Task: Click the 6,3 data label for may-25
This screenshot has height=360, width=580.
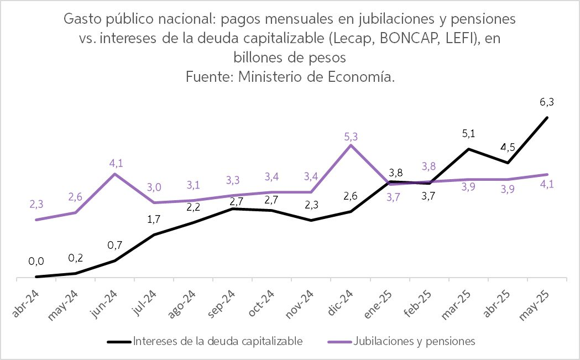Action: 547,102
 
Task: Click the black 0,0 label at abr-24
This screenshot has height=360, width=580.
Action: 36,261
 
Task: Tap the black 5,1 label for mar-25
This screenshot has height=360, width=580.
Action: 468,133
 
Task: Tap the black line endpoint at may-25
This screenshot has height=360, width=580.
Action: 547,118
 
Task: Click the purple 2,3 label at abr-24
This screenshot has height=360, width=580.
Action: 36,204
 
